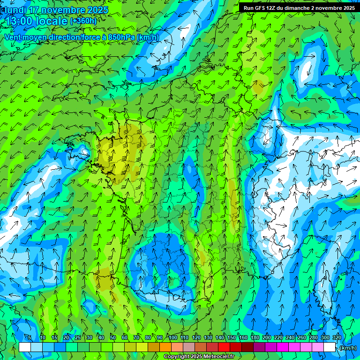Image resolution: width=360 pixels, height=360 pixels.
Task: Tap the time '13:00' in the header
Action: pyautogui.click(x=22, y=21)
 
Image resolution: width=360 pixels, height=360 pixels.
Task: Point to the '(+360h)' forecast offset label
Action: pyautogui.click(x=83, y=21)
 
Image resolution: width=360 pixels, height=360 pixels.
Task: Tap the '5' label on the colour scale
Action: pyautogui.click(x=30, y=337)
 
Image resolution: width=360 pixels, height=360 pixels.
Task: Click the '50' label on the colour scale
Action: pyautogui.click(x=113, y=337)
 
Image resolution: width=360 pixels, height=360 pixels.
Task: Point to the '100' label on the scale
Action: pyautogui.click(x=172, y=337)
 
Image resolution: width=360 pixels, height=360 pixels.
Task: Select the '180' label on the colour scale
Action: pyautogui.click(x=255, y=337)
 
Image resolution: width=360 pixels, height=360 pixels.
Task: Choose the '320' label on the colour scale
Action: pyautogui.click(x=337, y=337)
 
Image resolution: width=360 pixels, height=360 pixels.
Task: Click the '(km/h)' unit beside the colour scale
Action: pyautogui.click(x=347, y=348)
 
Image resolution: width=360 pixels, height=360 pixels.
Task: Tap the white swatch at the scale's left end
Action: pyautogui.click(x=25, y=347)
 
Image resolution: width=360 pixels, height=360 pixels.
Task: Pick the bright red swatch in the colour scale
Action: pyautogui.click(x=224, y=347)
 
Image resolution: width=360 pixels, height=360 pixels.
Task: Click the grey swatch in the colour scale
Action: pyautogui.click(x=189, y=347)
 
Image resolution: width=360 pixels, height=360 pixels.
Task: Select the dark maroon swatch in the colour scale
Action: pyautogui.click(x=247, y=347)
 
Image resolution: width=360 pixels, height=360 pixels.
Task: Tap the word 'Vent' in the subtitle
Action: pyautogui.click(x=13, y=37)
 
